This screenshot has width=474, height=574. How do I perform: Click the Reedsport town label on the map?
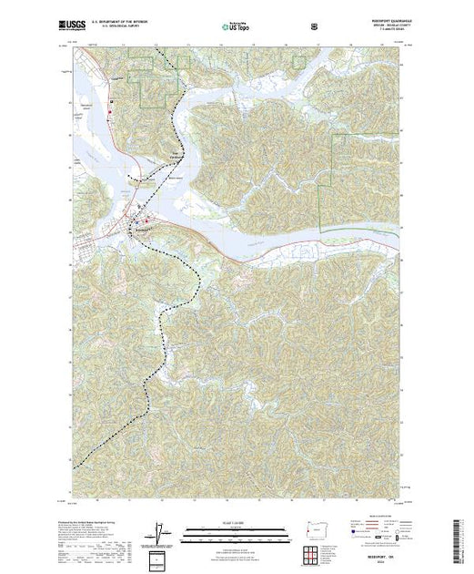pyautogui.click(x=143, y=229)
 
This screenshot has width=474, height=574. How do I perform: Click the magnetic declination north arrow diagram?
pyautogui.click(x=161, y=533)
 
